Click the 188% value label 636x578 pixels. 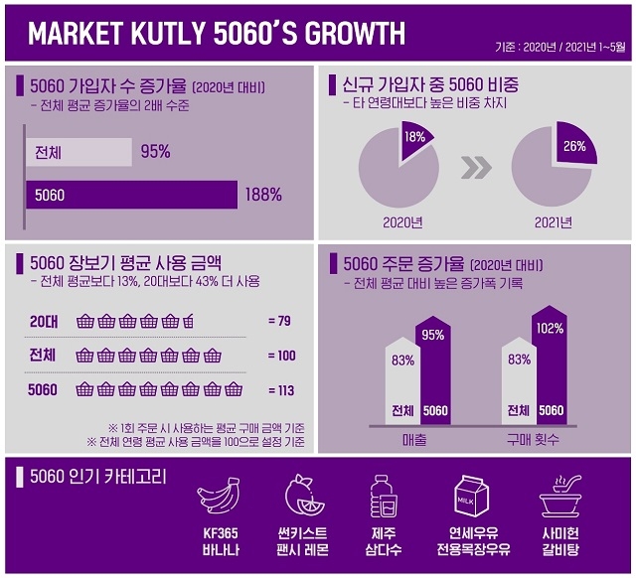(x=263, y=195)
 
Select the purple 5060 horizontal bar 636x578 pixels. (x=131, y=195)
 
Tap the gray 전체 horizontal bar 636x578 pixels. (x=79, y=152)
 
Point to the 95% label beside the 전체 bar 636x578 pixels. (x=155, y=152)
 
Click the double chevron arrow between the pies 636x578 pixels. (x=478, y=168)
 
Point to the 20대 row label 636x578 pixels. (x=44, y=321)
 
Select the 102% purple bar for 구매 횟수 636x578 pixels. (x=551, y=372)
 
